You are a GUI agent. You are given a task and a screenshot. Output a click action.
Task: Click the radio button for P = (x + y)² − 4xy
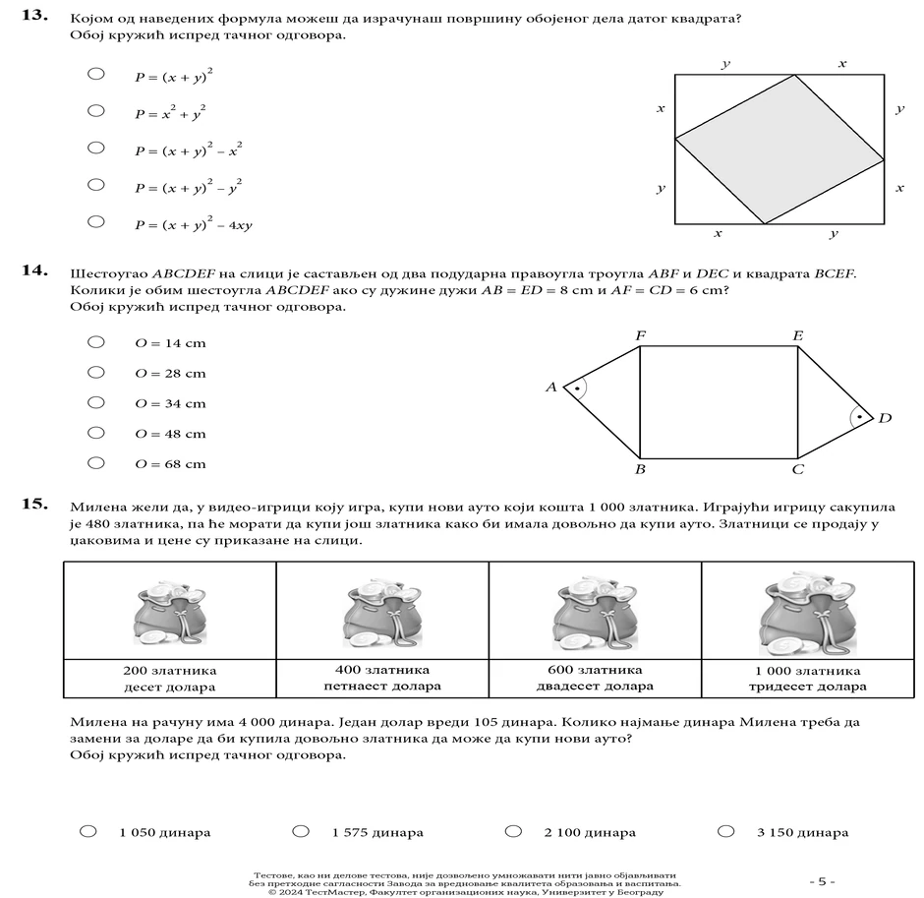coord(96,221)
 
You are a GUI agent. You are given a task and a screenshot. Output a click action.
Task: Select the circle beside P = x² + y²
coord(96,110)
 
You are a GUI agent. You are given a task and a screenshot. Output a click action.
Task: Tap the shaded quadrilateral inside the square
coord(779,148)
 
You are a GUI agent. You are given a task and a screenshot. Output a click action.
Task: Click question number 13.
coord(35,17)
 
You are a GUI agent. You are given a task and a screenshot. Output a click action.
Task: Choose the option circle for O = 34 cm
coord(96,402)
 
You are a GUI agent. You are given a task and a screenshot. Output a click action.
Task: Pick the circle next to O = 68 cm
coord(96,463)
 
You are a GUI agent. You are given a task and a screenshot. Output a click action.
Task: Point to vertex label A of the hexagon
coord(551,388)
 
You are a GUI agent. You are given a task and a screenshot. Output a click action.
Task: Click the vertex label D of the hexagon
coord(885,418)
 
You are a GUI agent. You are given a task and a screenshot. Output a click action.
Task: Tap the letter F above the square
coord(640,336)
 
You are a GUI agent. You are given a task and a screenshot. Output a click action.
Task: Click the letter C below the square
coord(798,469)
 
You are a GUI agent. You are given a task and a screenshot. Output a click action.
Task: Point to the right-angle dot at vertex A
coord(577,389)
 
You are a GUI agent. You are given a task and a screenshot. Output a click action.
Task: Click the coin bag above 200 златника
coord(169,616)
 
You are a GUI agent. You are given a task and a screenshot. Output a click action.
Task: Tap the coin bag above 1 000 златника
coord(807,614)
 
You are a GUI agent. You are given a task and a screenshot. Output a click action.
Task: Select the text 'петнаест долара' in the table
coord(382,686)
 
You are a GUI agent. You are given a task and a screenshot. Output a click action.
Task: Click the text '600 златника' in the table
coord(595,670)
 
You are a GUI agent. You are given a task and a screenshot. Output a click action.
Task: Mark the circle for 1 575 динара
coord(301,831)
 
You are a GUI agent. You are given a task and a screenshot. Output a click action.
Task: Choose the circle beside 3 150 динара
coord(726,831)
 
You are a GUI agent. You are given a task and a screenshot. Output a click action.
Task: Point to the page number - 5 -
coord(822,881)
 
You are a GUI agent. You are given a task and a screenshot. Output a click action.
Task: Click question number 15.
coord(35,505)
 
